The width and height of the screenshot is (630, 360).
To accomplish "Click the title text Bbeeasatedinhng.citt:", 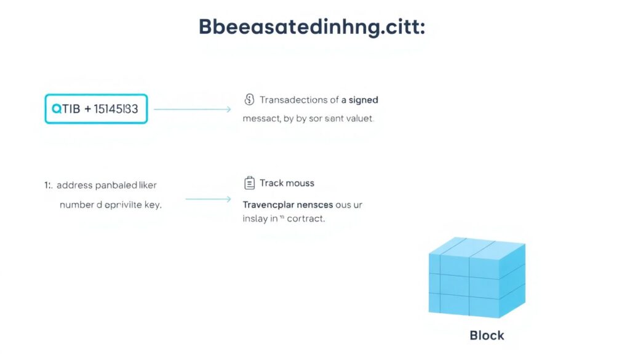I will tap(311, 28).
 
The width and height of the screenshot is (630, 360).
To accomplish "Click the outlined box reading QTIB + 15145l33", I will tap(96, 109).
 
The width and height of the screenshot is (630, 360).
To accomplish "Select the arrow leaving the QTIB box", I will tap(192, 110).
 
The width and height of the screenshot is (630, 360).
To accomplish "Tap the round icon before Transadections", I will tap(249, 100).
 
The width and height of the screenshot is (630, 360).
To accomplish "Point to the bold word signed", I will tap(364, 100).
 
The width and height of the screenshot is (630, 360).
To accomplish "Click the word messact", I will tap(261, 118).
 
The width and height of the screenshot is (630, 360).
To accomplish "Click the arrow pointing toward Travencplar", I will tap(208, 199).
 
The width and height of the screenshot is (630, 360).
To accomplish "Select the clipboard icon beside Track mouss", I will tap(249, 183).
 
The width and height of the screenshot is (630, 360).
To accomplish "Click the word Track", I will tap(272, 183).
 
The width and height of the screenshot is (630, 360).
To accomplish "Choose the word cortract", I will tap(305, 218).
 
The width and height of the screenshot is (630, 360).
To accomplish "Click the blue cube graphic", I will tap(477, 278).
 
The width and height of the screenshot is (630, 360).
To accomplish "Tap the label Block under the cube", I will tap(487, 335).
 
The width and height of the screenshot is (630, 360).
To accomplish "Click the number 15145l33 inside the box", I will tap(116, 109).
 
